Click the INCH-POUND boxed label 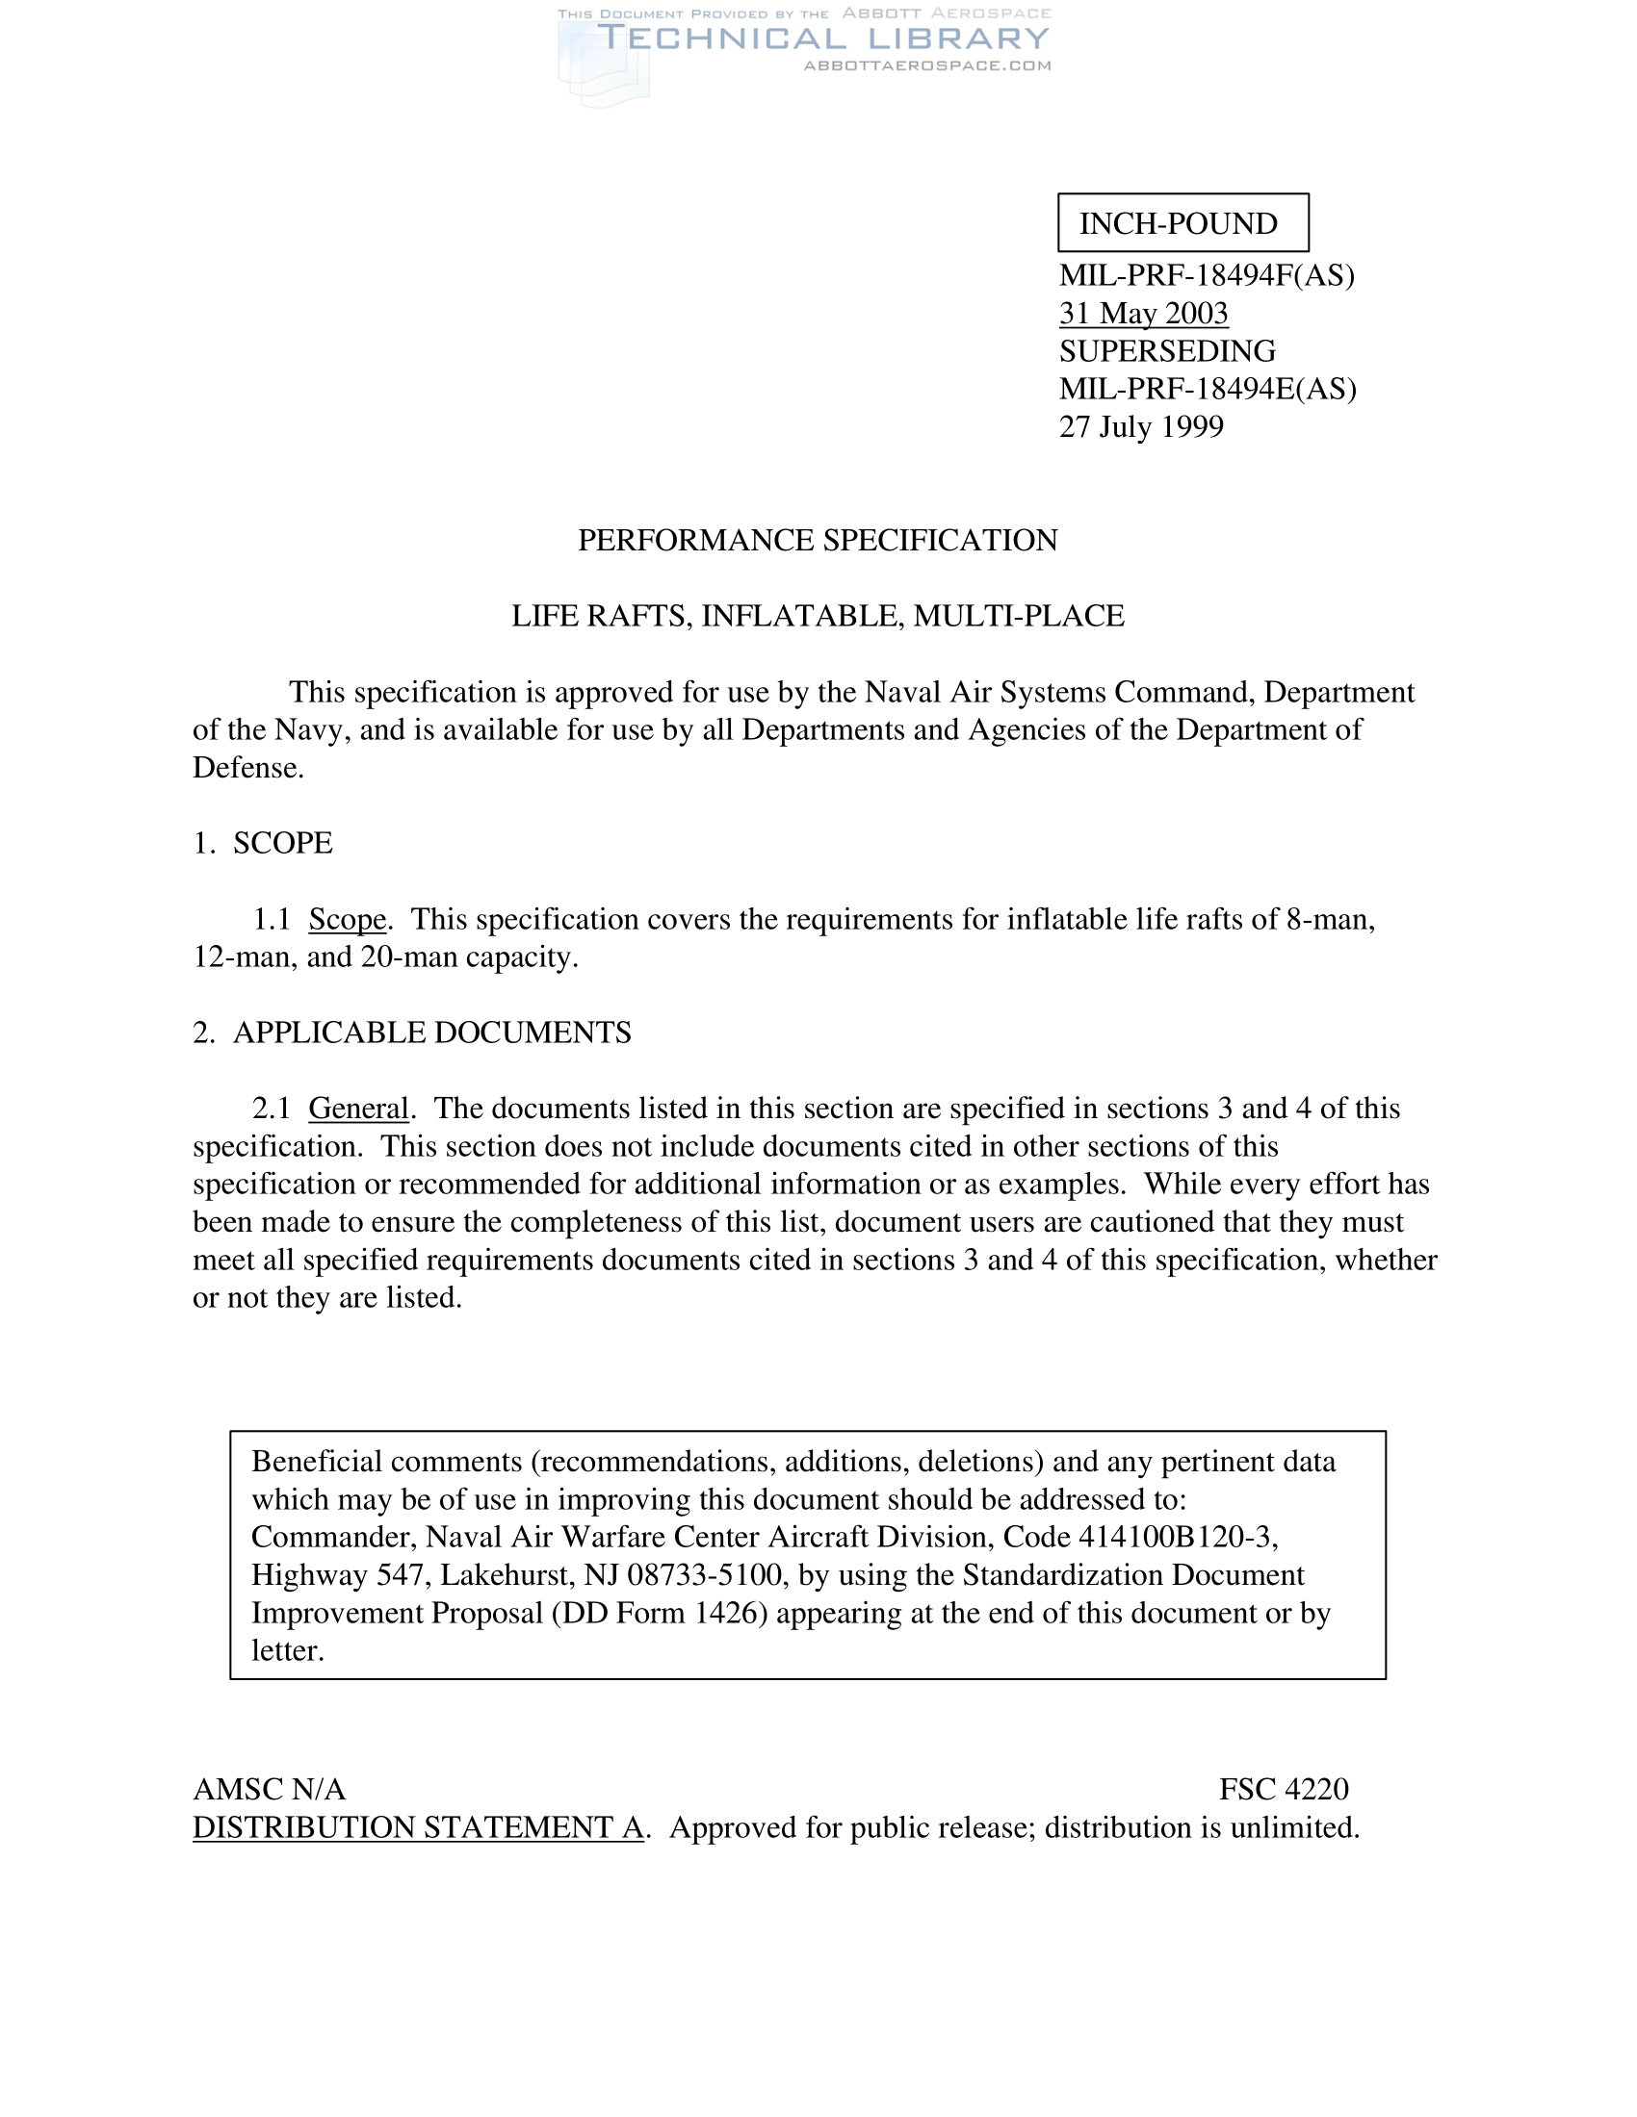tap(1182, 223)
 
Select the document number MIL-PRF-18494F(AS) tap(1207, 275)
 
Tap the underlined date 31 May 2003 tap(1143, 313)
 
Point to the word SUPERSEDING tap(1167, 351)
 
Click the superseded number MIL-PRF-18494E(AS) tap(1208, 389)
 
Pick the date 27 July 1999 tap(1140, 426)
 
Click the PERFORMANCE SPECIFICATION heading tap(818, 540)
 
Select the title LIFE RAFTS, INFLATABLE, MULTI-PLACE tap(818, 616)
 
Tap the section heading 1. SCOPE tap(263, 842)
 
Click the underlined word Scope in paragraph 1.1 tap(348, 919)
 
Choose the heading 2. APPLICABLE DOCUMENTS tap(412, 1033)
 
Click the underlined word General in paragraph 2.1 tap(358, 1108)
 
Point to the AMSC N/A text tap(270, 1790)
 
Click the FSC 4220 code tap(1283, 1790)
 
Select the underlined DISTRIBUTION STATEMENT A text tap(418, 1827)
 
